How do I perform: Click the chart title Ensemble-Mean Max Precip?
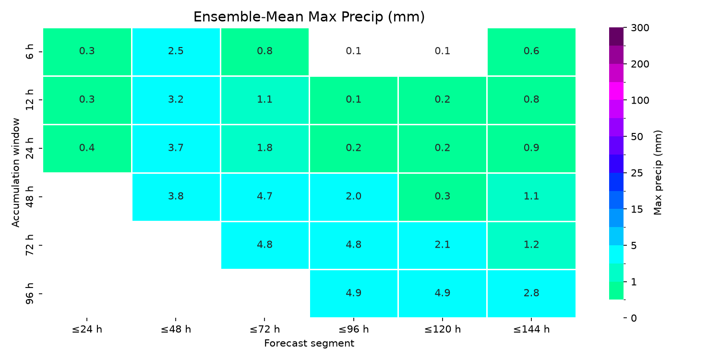[309, 17]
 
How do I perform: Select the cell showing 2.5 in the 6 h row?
[176, 52]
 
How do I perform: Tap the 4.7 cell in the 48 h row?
[265, 197]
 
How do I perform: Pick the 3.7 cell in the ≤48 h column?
[176, 148]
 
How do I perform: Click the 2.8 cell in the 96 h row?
[531, 293]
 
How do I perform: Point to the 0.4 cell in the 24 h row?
[87, 148]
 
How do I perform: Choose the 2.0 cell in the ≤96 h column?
[354, 197]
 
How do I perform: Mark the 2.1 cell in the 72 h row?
[442, 245]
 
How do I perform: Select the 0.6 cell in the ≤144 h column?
[531, 52]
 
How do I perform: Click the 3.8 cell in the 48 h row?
[176, 197]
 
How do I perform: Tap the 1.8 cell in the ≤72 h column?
[265, 148]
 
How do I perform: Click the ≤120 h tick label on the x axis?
[442, 329]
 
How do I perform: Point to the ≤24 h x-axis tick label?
[87, 329]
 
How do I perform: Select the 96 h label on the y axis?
[30, 293]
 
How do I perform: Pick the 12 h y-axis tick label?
[30, 100]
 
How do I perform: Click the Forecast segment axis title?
[309, 344]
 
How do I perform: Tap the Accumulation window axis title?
[15, 173]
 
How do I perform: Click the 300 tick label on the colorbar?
[640, 28]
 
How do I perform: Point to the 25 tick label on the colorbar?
[637, 173]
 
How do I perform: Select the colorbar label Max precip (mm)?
[658, 173]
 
